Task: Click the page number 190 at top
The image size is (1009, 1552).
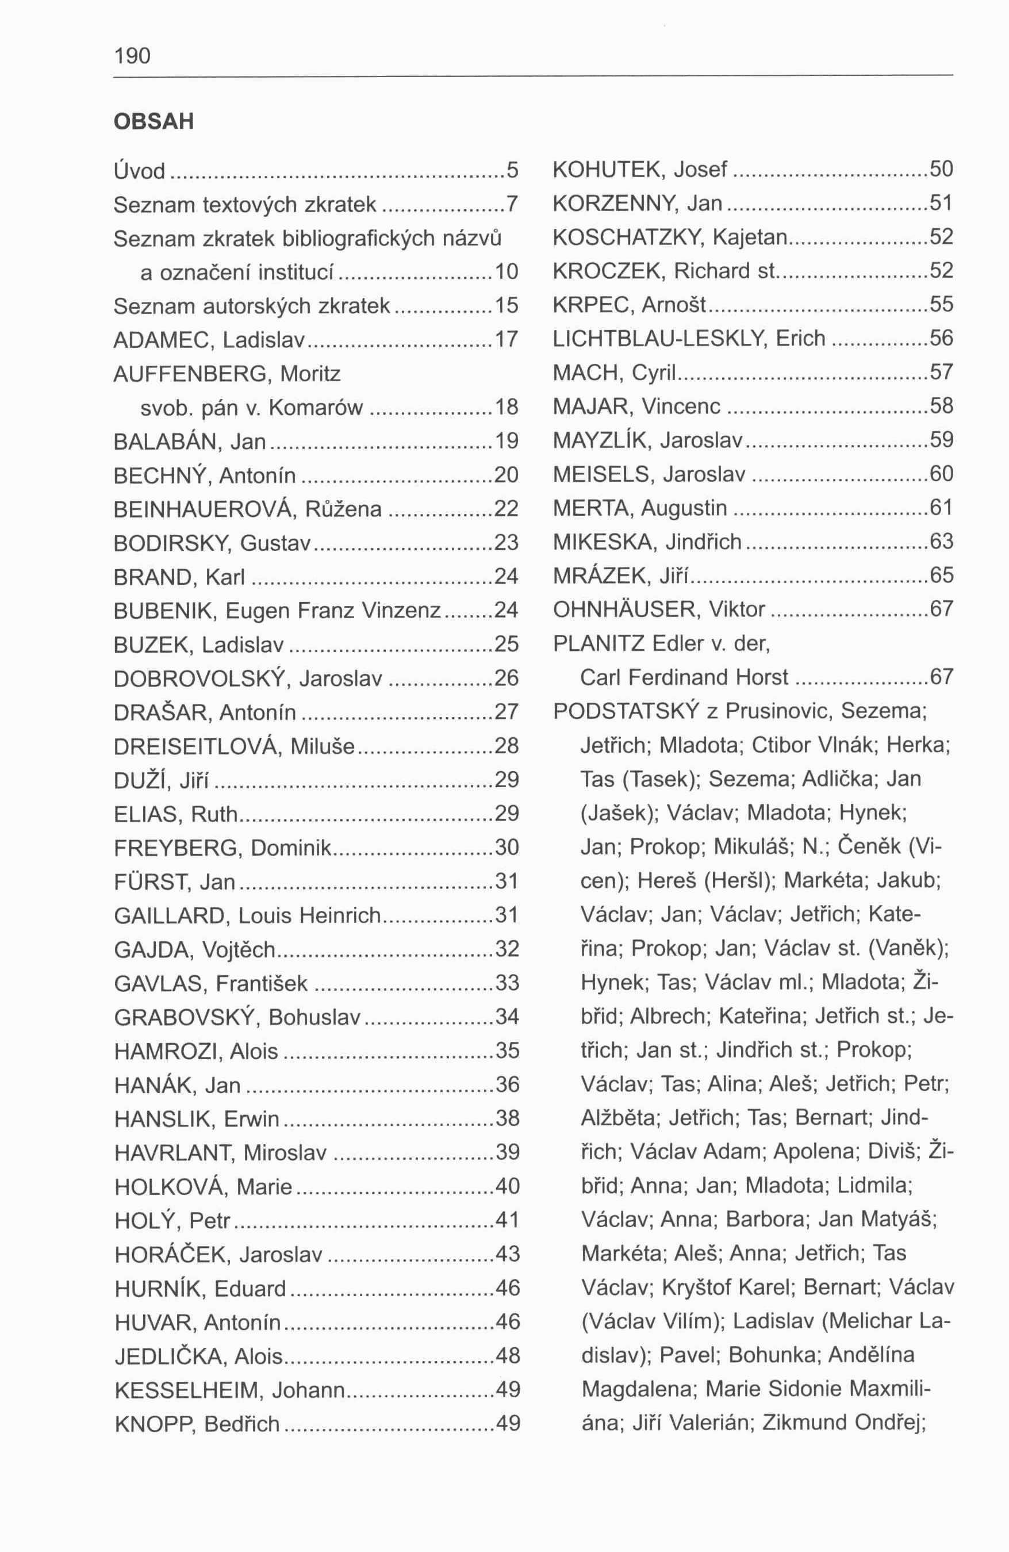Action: tap(132, 56)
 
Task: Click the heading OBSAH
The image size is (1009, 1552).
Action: tap(154, 122)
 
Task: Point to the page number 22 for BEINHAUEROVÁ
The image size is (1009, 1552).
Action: tap(507, 509)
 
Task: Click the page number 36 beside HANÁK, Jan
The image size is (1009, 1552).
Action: tap(507, 1085)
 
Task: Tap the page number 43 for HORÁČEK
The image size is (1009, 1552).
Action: tap(507, 1254)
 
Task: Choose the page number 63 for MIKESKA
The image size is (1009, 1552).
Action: tap(941, 541)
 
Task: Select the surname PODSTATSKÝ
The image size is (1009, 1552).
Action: tap(626, 711)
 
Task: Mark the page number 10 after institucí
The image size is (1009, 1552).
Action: tap(507, 272)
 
